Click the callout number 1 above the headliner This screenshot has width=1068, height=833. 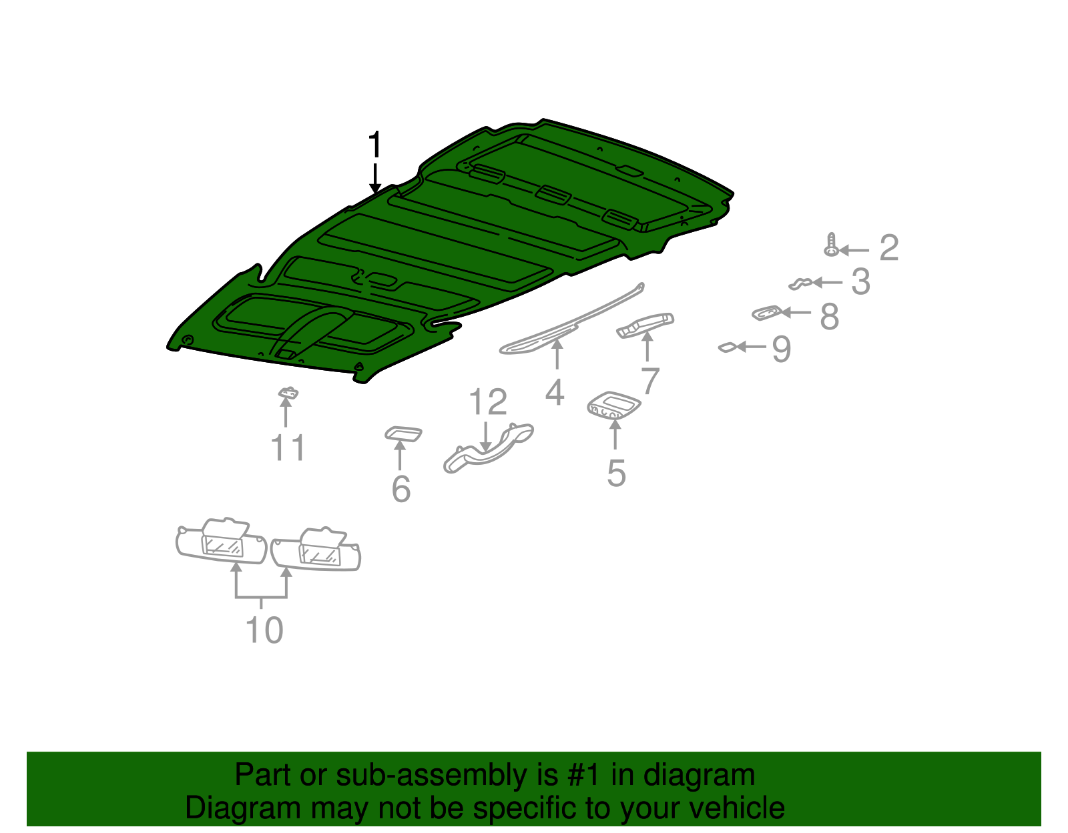(x=374, y=144)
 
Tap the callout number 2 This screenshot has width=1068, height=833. (x=888, y=248)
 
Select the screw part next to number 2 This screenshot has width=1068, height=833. (x=831, y=245)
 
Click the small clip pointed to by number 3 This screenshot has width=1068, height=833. (x=800, y=283)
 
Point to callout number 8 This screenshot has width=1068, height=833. (x=830, y=317)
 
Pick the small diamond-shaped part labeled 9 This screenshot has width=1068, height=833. (x=728, y=347)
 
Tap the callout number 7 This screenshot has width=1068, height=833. (x=649, y=380)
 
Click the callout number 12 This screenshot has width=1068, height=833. (x=488, y=401)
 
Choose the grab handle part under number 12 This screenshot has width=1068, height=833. (x=488, y=448)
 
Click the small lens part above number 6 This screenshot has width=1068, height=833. (x=403, y=434)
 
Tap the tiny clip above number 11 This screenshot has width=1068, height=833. (x=288, y=393)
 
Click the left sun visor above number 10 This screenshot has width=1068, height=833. (x=221, y=541)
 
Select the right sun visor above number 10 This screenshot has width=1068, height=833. (x=316, y=550)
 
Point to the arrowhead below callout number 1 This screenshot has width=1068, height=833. (x=375, y=189)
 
